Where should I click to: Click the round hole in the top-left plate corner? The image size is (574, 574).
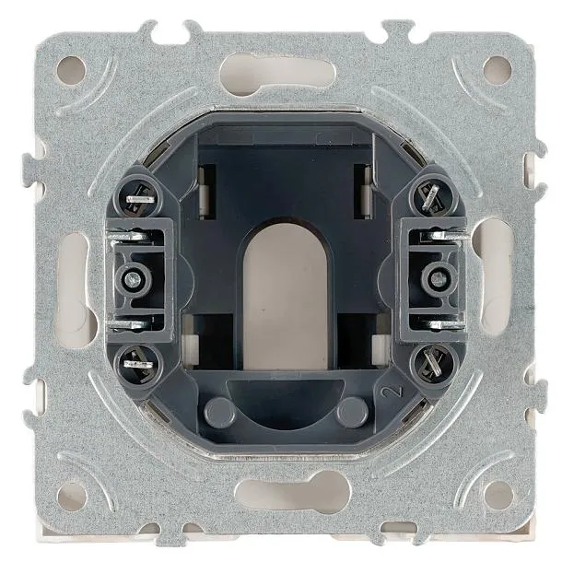tap(71, 71)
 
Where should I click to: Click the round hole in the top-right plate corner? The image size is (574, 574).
tap(498, 70)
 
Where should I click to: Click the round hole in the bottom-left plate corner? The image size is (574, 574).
tap(72, 497)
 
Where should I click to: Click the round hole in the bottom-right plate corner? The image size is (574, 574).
tap(498, 496)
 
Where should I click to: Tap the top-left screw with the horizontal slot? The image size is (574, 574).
tap(139, 199)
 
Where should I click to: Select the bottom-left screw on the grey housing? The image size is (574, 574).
tap(138, 364)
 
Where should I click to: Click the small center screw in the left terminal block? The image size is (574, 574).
tap(132, 280)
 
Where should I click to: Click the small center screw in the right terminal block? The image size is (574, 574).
tap(439, 280)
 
